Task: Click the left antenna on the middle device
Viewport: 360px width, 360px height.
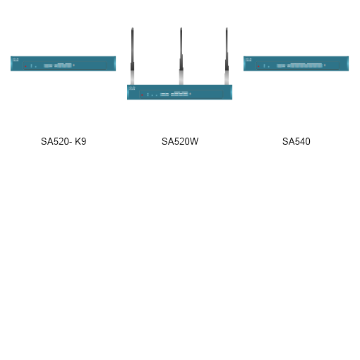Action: [x=132, y=53]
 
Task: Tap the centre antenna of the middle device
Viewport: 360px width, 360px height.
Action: [x=181, y=53]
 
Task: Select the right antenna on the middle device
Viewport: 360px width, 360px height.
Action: [x=227, y=53]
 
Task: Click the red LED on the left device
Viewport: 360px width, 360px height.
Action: [x=25, y=66]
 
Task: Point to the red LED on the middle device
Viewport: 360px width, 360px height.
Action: [x=141, y=94]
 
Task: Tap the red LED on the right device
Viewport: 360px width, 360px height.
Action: [x=258, y=66]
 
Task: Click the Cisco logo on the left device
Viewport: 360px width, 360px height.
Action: [x=16, y=59]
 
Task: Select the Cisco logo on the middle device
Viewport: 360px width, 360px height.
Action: [x=132, y=88]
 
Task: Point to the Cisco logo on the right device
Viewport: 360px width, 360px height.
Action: [x=248, y=59]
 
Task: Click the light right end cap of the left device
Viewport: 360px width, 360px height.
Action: [x=114, y=64]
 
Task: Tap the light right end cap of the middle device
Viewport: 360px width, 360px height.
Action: [x=231, y=92]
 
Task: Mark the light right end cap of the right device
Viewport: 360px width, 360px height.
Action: [x=347, y=64]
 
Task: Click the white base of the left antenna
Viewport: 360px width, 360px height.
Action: [x=132, y=77]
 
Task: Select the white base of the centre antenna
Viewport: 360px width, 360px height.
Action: [x=181, y=77]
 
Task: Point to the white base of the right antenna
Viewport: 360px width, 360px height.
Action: [x=227, y=77]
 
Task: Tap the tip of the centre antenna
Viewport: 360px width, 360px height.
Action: [x=181, y=29]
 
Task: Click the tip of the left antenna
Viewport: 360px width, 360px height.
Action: [x=132, y=29]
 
